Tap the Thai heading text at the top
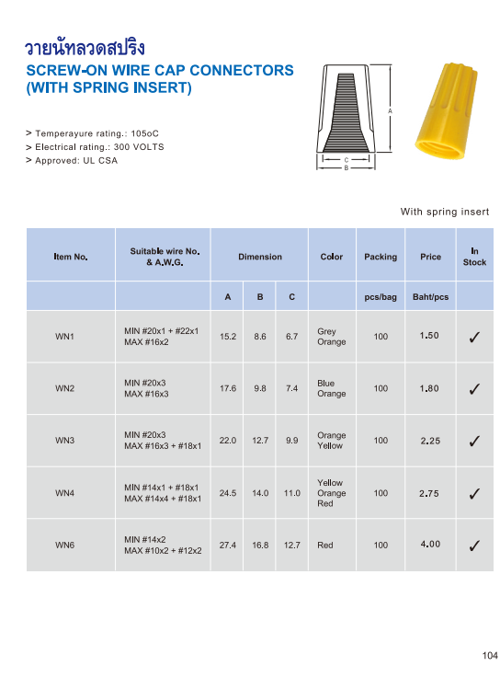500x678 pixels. point(85,48)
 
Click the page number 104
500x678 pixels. point(489,656)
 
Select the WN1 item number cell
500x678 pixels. point(64,337)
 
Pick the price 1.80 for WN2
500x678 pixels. point(429,388)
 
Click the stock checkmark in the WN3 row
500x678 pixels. point(474,441)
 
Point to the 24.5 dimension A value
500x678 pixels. point(228,493)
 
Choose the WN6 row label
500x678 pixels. point(64,546)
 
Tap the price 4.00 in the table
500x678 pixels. point(429,545)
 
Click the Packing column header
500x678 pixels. point(381,257)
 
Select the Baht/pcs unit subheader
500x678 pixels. point(430,297)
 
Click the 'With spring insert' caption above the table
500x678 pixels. point(445,213)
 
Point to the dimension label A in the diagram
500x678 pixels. point(391,111)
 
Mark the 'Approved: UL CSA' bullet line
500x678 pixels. point(76,160)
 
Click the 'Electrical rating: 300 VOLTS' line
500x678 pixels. point(95,147)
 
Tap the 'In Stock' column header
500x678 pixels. point(474,257)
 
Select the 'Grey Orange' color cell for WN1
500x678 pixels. point(332,337)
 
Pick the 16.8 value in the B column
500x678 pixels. point(260,546)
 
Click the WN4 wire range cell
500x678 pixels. point(163,493)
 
